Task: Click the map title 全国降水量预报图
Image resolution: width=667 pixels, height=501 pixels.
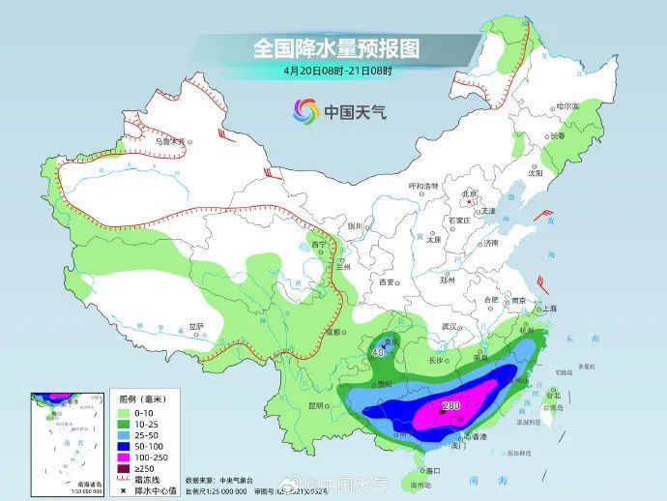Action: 335,47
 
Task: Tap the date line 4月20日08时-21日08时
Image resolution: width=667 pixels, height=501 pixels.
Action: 337,71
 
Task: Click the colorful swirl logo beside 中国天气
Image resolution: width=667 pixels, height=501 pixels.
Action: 305,111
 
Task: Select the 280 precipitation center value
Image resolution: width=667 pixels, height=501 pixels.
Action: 450,406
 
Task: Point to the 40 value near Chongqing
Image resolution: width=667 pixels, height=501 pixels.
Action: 379,352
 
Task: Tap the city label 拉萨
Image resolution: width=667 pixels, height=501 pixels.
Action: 196,326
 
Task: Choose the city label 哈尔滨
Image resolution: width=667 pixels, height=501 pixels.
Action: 568,106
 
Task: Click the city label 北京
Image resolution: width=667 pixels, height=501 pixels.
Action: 470,193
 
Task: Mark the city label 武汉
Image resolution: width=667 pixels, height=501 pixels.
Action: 446,326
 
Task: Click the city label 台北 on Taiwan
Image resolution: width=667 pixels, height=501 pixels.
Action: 554,395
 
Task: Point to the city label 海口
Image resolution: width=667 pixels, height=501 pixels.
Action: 431,469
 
